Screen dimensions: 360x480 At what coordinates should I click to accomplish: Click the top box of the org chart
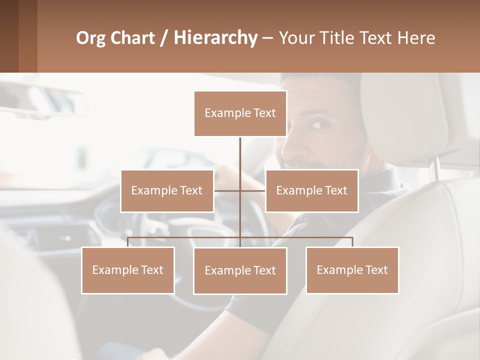click(240, 113)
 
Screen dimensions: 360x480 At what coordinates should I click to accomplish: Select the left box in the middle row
click(167, 190)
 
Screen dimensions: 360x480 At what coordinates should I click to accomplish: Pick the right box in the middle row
click(311, 190)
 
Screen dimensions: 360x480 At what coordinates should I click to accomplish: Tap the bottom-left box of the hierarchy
click(128, 270)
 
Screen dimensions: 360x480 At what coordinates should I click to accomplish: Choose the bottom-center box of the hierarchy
click(240, 270)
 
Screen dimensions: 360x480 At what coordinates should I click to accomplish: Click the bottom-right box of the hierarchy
click(352, 270)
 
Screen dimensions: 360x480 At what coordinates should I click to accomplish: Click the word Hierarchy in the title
click(215, 38)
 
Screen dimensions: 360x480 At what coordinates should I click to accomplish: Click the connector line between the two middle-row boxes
click(240, 190)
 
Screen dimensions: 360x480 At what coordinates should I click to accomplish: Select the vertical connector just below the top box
click(240, 150)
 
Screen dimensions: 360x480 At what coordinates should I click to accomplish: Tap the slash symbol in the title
click(163, 38)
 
